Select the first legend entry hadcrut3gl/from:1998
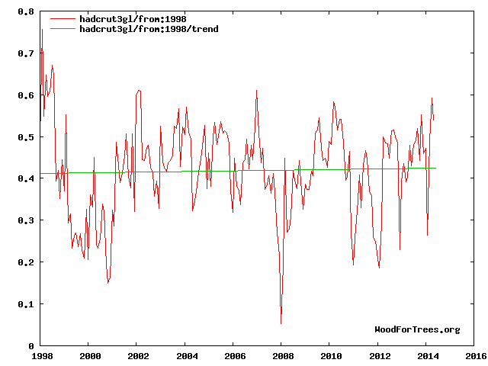click(x=122, y=18)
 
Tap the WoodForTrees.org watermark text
click(x=417, y=329)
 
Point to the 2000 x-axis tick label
click(x=89, y=355)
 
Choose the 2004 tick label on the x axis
click(x=185, y=355)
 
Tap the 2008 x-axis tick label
click(x=281, y=355)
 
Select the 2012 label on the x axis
click(x=378, y=355)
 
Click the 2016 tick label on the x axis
click(x=474, y=355)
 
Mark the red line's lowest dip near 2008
click(x=281, y=324)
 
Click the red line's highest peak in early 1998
click(x=42, y=29)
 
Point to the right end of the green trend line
click(x=435, y=168)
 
